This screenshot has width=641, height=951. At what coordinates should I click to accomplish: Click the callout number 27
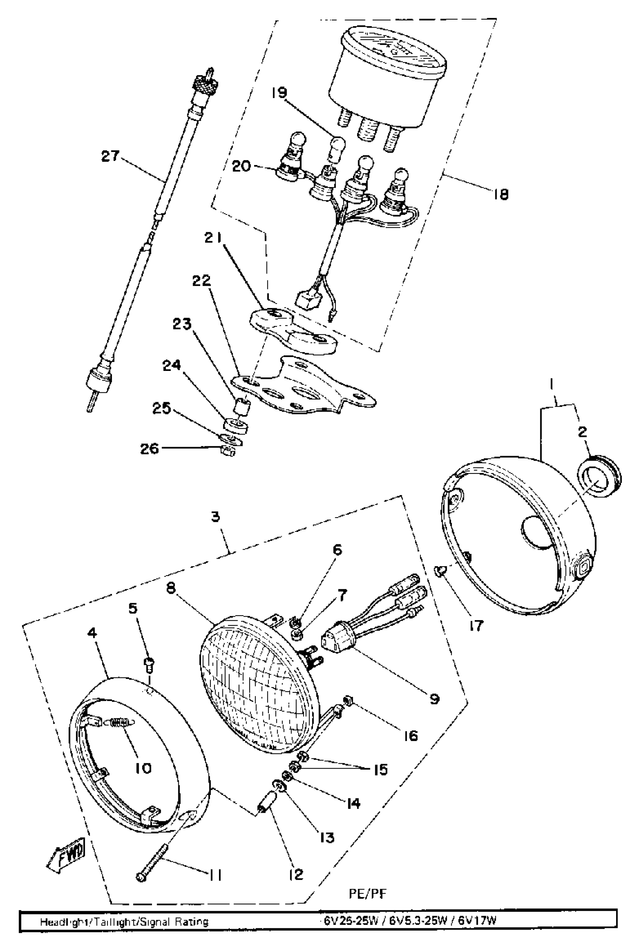tap(110, 156)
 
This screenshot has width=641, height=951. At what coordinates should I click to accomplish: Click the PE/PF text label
tap(368, 894)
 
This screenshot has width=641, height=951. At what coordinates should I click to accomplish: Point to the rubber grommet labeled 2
tap(599, 476)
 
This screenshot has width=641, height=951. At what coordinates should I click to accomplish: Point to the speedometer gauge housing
tap(388, 78)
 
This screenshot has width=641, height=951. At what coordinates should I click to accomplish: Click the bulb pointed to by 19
tap(338, 145)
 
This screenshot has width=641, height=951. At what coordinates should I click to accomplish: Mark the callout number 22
tap(202, 281)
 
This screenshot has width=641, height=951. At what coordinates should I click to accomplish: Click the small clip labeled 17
tap(440, 570)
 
